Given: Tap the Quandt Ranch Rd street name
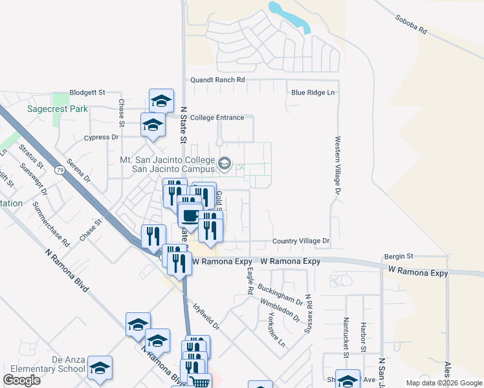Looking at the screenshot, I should click(x=217, y=80).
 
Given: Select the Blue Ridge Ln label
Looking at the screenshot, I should click(x=313, y=92).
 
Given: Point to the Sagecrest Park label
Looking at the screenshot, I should click(x=57, y=109).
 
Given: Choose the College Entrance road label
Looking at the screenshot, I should click(x=217, y=118).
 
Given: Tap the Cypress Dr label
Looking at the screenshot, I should click(x=102, y=138).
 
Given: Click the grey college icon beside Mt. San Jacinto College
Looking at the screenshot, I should click(x=225, y=163).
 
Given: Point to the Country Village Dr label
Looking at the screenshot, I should click(x=302, y=241).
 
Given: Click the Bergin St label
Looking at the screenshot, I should click(x=398, y=257).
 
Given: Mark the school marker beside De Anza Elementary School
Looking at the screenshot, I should click(x=100, y=367).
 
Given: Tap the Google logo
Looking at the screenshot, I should click(x=22, y=380).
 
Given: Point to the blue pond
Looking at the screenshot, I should click(x=289, y=16).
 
